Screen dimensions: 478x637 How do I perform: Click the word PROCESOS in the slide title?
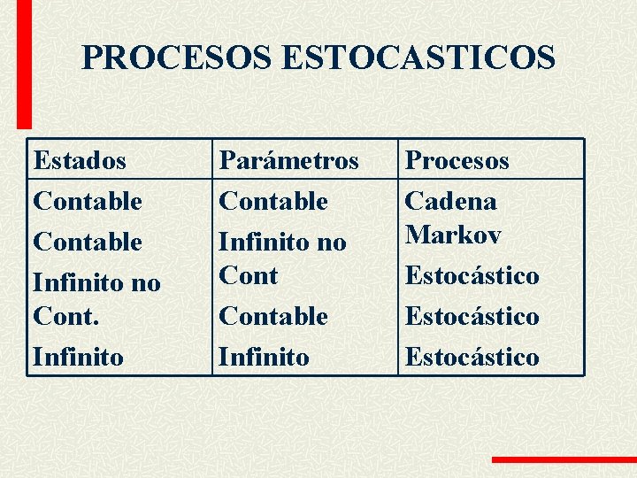(x=177, y=58)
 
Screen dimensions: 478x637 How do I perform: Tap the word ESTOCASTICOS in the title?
(x=418, y=58)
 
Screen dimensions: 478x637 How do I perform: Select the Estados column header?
(x=80, y=160)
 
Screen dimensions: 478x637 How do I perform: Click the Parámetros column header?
(x=289, y=160)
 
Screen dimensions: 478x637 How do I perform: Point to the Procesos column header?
(x=457, y=160)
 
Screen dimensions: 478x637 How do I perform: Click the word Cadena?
(x=450, y=201)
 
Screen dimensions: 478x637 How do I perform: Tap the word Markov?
(x=453, y=235)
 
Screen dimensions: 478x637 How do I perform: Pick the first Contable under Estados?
(x=88, y=201)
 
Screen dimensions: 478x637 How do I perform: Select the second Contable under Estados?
(x=88, y=242)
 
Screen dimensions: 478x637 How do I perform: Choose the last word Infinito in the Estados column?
(x=79, y=357)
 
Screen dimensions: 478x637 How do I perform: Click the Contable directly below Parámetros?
(x=273, y=201)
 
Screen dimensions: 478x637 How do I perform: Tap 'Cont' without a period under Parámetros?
(x=249, y=275)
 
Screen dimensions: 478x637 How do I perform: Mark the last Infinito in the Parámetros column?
(x=265, y=357)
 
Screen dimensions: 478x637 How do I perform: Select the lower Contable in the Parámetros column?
(x=273, y=316)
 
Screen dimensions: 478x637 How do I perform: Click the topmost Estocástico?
(x=472, y=275)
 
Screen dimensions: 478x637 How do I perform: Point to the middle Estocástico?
(x=472, y=316)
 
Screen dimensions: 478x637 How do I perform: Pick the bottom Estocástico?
(x=472, y=357)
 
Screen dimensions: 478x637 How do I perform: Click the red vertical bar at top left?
(x=24, y=62)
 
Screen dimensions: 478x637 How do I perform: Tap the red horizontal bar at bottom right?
(x=564, y=459)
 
